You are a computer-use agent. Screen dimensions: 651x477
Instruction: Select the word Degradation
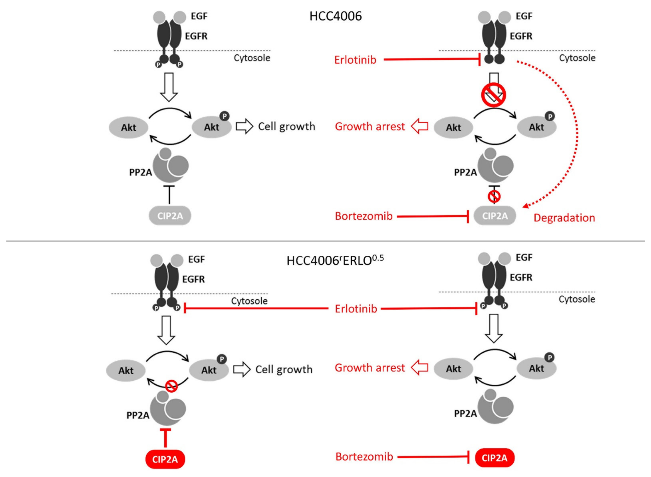pos(564,218)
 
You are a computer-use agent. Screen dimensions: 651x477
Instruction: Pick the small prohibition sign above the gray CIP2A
pos(494,197)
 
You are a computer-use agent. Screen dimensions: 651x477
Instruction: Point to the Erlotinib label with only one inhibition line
pos(355,60)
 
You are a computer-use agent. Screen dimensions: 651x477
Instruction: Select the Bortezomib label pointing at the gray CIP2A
pos(364,216)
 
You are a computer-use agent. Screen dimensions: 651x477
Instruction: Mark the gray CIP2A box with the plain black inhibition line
pos(170,216)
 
